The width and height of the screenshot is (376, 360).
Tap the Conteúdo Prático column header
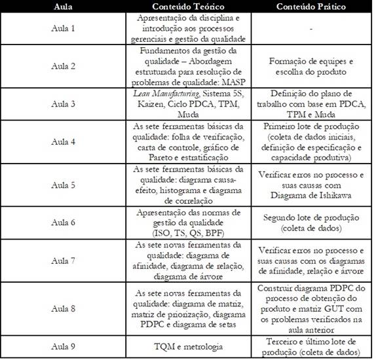pyautogui.click(x=310, y=7)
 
